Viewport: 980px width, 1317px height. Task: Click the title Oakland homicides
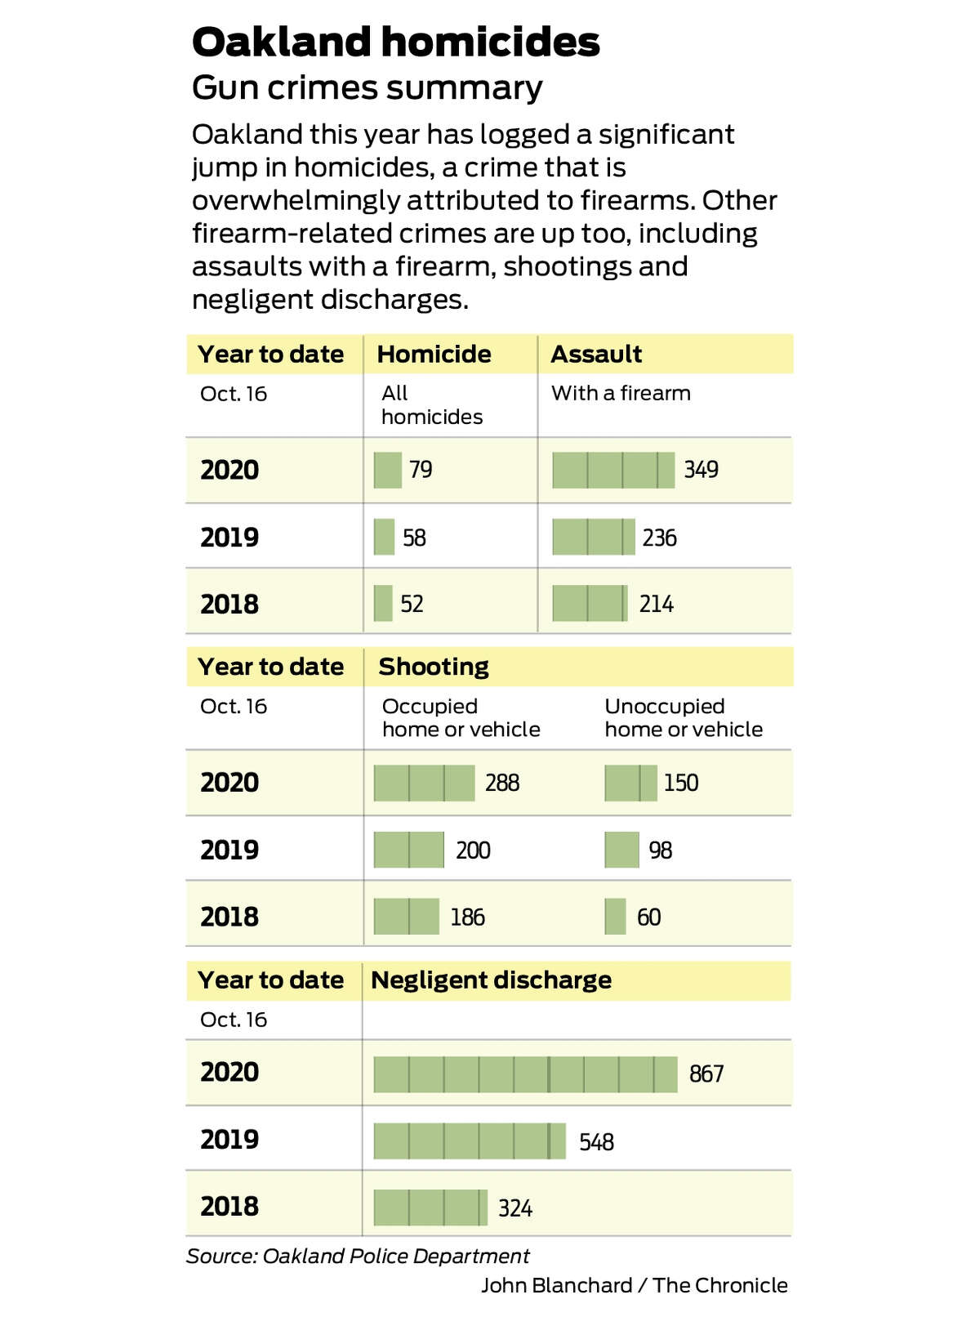point(396,42)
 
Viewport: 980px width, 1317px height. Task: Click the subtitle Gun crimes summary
point(367,88)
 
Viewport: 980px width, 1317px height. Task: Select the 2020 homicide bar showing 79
point(388,471)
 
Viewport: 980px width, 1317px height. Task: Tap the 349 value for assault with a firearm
point(701,470)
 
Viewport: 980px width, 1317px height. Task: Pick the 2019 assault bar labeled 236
point(594,537)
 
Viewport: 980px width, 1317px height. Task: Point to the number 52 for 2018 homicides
point(412,604)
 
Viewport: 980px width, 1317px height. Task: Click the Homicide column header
point(434,355)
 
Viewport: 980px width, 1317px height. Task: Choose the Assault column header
point(596,355)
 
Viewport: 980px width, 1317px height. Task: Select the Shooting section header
point(434,667)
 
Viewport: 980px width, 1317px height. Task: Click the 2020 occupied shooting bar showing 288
point(425,783)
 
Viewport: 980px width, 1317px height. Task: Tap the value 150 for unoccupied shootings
point(681,783)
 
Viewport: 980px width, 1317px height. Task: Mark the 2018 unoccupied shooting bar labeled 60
point(616,916)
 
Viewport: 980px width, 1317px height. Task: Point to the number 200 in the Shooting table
point(473,850)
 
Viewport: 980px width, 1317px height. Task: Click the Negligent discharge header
point(491,980)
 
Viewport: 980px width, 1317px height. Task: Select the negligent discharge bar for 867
point(525,1074)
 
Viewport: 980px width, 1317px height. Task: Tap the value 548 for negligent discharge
point(596,1142)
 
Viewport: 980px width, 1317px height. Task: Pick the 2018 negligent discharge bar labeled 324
point(430,1208)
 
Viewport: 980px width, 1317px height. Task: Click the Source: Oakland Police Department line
point(358,1257)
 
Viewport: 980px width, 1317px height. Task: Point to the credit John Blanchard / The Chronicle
point(635,1285)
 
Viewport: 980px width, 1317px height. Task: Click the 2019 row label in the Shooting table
point(229,850)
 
